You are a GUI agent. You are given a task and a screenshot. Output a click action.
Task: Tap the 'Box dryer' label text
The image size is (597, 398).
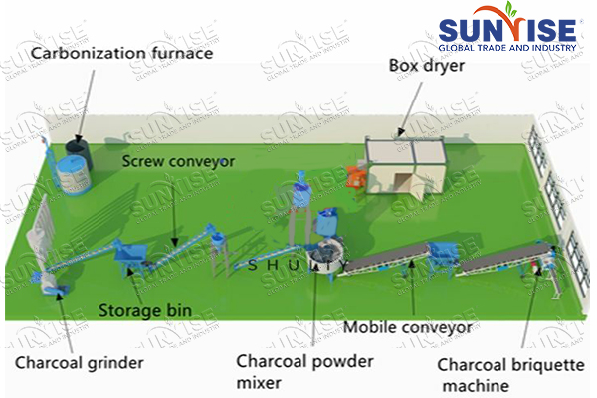(427, 65)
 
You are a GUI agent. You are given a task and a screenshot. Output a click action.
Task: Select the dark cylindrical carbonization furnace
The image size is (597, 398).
(76, 155)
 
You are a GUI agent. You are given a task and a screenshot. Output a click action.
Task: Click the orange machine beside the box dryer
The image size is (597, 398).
(354, 176)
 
